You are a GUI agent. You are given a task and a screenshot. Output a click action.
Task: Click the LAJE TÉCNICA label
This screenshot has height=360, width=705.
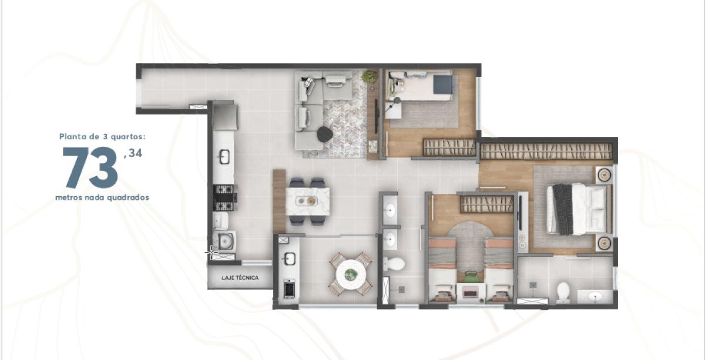click(x=240, y=278)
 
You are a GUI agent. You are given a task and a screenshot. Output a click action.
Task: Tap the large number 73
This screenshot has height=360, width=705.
click(x=90, y=167)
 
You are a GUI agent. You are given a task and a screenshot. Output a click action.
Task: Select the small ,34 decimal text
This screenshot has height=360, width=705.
click(x=133, y=153)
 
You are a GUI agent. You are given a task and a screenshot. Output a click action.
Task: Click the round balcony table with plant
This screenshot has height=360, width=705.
click(x=351, y=274)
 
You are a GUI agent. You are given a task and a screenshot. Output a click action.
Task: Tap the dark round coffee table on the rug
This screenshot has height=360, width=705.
click(x=325, y=134)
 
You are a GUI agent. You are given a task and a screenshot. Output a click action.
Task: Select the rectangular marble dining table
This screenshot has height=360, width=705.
click(x=308, y=201)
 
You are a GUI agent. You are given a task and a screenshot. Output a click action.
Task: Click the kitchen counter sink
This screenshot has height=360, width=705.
click(x=224, y=157)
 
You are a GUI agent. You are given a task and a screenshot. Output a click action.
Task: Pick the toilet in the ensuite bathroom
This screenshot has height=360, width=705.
click(x=563, y=292)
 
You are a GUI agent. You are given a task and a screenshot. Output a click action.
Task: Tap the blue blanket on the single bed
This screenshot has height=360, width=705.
click(x=442, y=85)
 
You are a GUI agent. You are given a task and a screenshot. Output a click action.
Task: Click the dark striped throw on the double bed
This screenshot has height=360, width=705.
click(x=563, y=209)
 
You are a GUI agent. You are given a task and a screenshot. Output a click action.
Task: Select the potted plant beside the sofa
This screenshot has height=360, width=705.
click(x=369, y=76)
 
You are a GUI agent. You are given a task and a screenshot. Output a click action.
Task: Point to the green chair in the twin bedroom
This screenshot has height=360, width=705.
click(x=471, y=277)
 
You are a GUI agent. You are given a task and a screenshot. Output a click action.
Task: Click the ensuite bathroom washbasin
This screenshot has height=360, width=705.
click(x=595, y=297)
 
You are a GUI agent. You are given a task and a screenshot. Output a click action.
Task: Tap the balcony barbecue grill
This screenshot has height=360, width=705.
click(x=289, y=288)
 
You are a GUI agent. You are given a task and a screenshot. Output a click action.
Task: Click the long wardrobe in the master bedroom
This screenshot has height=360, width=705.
click(x=546, y=151)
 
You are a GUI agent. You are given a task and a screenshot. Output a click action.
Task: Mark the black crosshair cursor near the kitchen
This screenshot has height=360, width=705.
click(x=211, y=253)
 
